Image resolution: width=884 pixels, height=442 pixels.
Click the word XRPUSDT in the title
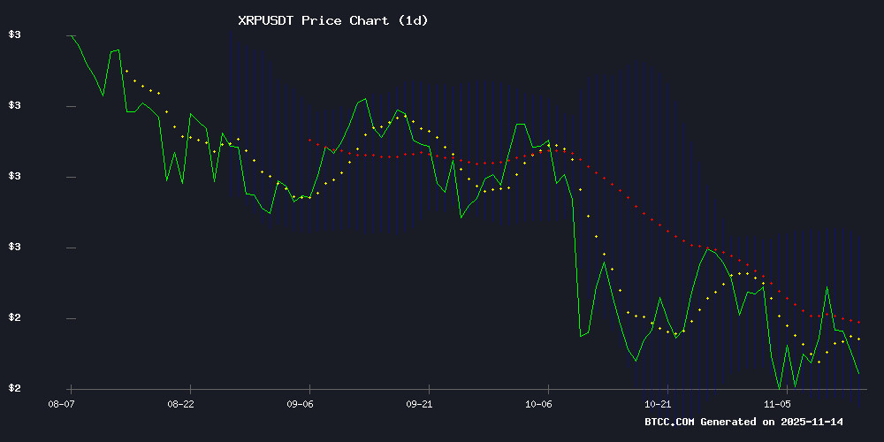pos(267,20)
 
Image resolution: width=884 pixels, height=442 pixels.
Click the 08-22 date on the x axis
pos(180,404)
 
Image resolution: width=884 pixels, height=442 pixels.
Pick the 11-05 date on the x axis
pos(779,404)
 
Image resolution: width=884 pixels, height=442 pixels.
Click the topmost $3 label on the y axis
pos(14,35)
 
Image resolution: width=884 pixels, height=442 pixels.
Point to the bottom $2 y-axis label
pos(14,389)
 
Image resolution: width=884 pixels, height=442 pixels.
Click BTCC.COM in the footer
pos(670,422)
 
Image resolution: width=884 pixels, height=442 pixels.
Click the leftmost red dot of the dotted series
pos(309,140)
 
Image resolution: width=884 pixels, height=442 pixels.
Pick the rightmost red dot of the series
pos(858,323)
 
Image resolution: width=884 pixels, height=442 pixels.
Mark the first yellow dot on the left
pos(126,71)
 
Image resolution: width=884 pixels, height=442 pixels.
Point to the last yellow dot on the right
pos(858,339)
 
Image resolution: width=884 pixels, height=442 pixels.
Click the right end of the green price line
pos(858,373)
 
